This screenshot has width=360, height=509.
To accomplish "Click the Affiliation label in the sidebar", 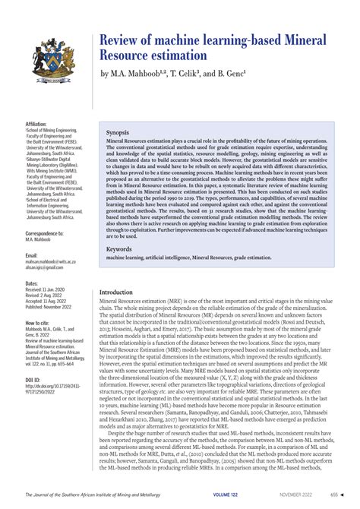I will pos(36,123).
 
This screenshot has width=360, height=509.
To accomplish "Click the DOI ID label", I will pos(34,358).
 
